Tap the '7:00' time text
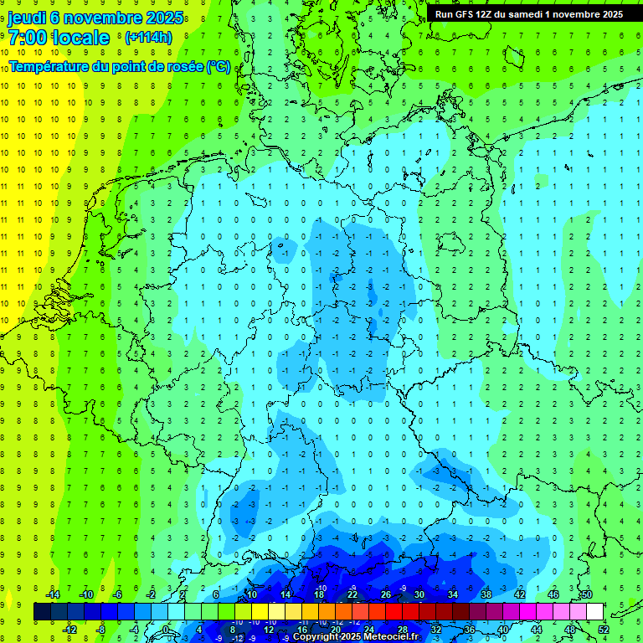tap(27, 38)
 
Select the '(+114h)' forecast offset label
tap(148, 38)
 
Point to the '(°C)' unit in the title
tap(219, 66)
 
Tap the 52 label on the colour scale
tap(603, 630)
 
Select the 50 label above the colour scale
tap(586, 594)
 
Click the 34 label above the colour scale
tap(452, 594)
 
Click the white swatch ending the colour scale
tap(594, 612)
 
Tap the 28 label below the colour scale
tap(403, 630)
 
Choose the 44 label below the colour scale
tap(537, 630)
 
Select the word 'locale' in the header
tap(80, 38)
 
